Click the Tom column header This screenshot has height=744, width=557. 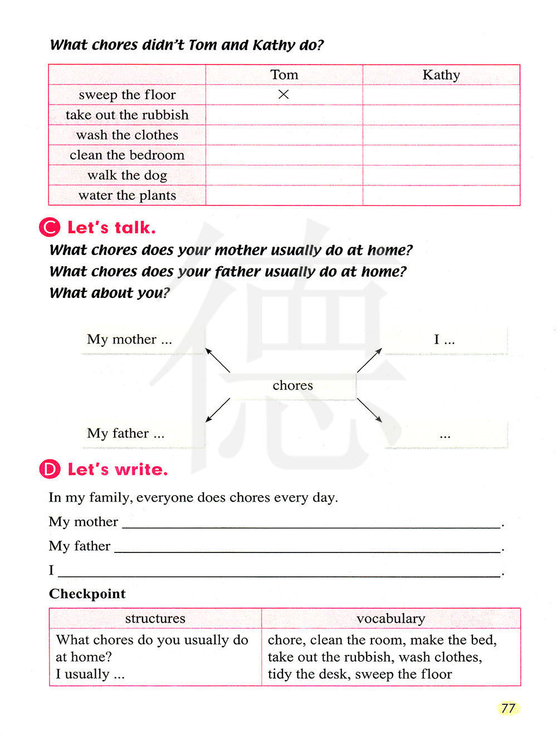click(x=284, y=75)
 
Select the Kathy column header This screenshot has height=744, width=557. click(x=441, y=75)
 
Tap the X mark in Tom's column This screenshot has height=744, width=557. click(x=284, y=95)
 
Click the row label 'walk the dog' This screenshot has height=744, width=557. click(x=127, y=175)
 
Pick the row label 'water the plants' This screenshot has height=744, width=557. click(x=127, y=195)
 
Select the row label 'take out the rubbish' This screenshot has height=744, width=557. click(x=127, y=115)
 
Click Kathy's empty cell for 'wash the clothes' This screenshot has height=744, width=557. click(x=441, y=135)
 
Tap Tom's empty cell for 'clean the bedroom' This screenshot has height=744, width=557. click(x=284, y=155)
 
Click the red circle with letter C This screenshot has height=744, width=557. click(x=50, y=228)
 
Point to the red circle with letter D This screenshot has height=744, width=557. click(x=50, y=469)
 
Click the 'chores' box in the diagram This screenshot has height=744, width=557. click(x=293, y=385)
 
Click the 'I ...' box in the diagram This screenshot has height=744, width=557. click(x=444, y=340)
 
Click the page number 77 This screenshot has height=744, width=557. click(x=508, y=708)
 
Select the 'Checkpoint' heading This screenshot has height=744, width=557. click(x=87, y=594)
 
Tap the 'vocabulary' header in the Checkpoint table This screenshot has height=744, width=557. click(x=390, y=618)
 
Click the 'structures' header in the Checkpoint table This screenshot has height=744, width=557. click(x=155, y=618)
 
